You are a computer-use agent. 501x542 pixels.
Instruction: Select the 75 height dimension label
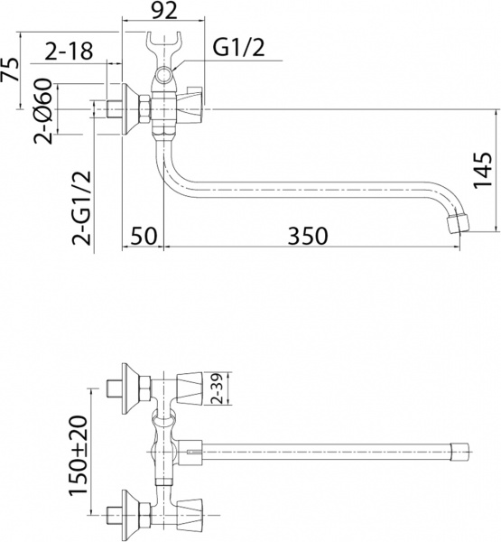pyautogui.click(x=11, y=71)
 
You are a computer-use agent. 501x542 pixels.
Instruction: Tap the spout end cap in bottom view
pyautogui.click(x=459, y=448)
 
